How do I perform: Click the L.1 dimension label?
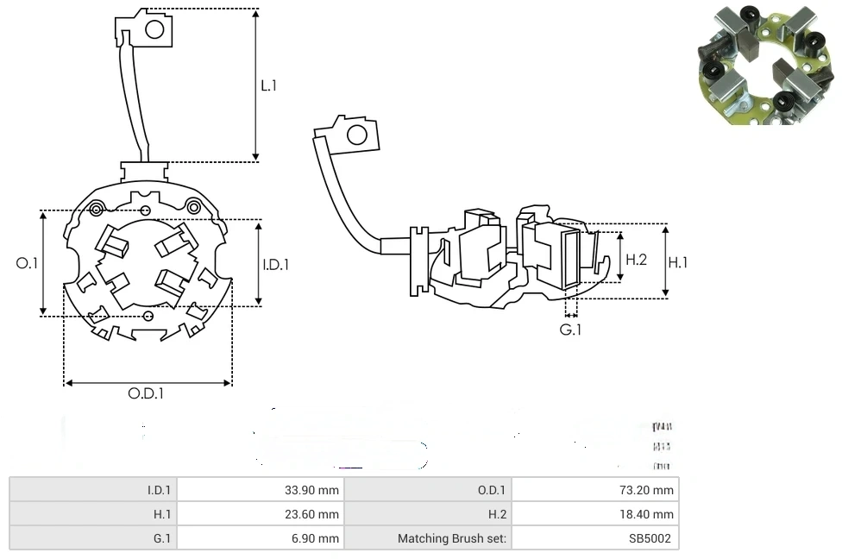269,86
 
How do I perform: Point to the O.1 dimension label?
28,263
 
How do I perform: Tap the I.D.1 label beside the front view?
276,265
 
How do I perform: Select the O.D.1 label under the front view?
146,394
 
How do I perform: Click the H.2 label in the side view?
636,260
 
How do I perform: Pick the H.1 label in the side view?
678,262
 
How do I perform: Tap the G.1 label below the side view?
570,330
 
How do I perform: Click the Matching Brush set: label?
452,538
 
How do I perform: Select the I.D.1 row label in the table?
159,490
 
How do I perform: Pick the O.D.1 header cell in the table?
491,490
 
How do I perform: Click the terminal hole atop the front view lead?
154,30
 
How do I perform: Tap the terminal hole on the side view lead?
355,135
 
